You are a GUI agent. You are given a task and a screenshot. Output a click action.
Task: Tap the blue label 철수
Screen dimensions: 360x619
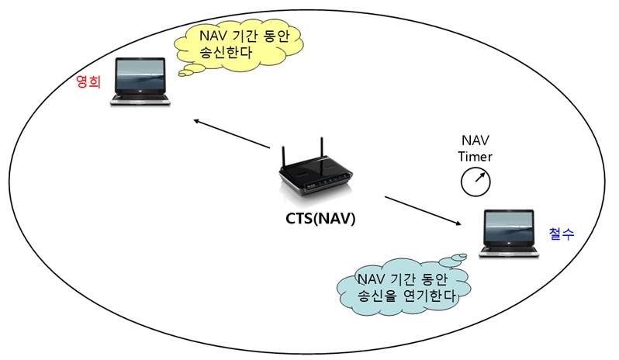coord(561,234)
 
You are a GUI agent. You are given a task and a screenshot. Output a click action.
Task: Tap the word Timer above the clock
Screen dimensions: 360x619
coord(474,156)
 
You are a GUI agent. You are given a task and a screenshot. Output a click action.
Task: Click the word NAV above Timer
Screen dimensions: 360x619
coord(474,140)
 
